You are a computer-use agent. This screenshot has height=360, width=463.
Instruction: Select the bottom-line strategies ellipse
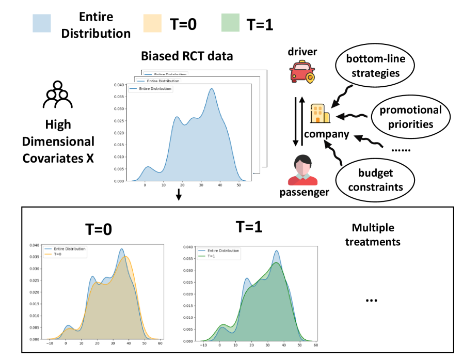(375, 66)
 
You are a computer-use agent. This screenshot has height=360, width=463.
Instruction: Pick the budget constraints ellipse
(375, 180)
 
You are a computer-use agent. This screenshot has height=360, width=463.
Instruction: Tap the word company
(326, 135)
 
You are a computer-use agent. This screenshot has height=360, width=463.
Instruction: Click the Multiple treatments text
(373, 234)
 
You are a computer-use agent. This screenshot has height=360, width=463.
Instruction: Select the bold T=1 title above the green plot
(249, 227)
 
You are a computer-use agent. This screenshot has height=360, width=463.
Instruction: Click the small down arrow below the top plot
(179, 195)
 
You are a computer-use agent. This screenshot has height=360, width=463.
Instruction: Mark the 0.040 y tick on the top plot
(118, 85)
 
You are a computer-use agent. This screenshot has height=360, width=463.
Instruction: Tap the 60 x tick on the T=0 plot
(161, 343)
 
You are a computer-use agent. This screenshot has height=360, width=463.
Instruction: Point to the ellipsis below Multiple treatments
(371, 300)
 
